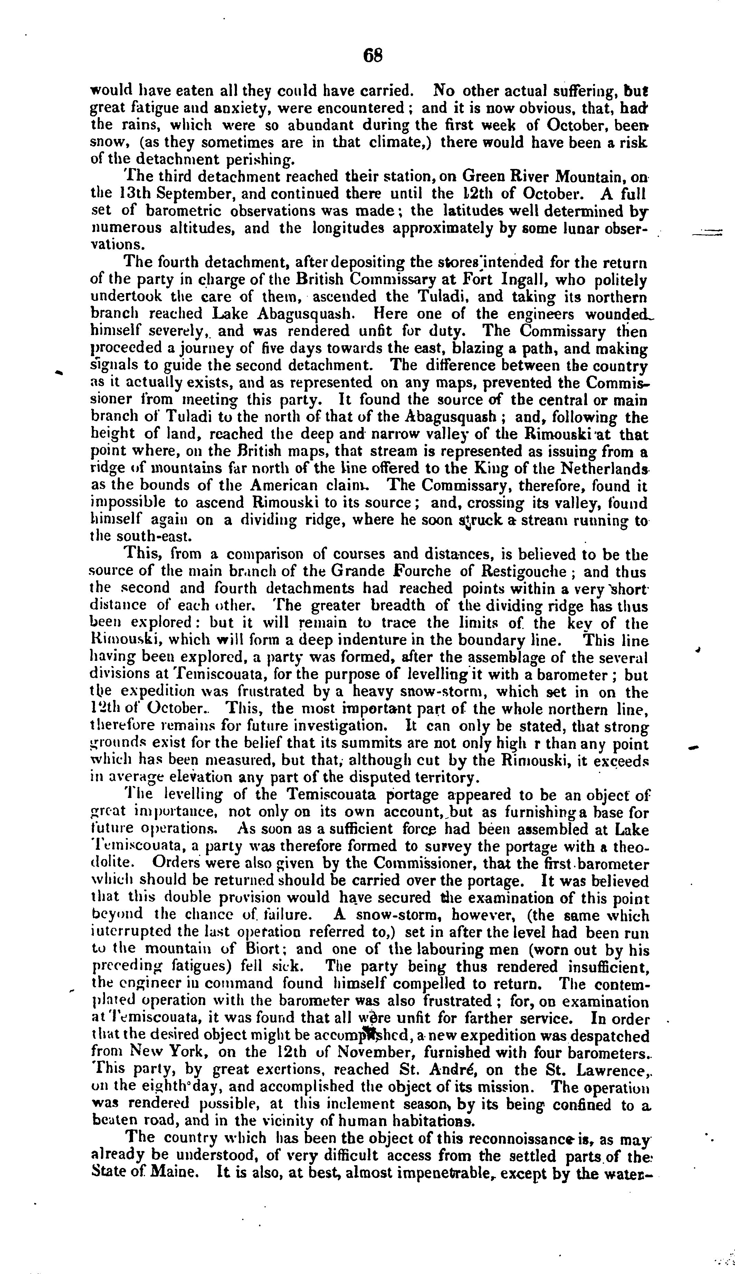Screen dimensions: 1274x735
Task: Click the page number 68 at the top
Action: tap(373, 55)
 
